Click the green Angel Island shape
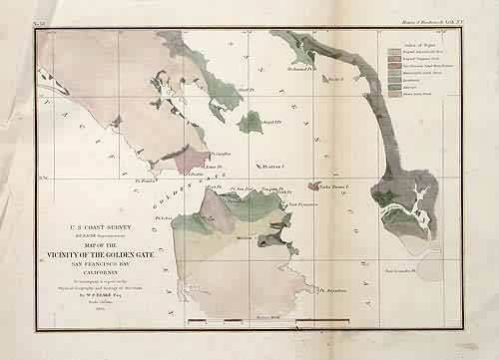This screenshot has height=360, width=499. point(251,124)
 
